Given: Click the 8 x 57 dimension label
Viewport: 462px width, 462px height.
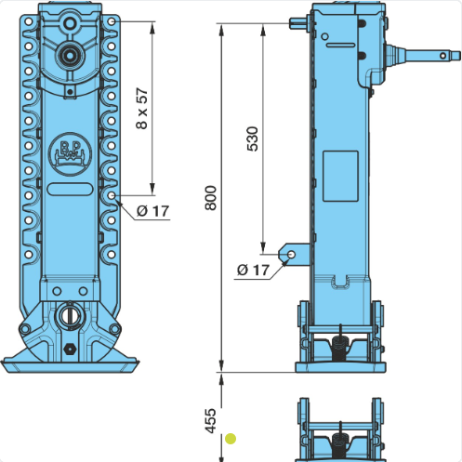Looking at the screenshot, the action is click(142, 109).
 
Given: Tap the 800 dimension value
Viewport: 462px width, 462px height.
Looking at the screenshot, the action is click(211, 198).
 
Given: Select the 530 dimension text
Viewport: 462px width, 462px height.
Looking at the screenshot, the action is click(253, 139).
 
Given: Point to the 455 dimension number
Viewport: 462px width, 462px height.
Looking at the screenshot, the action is click(210, 421).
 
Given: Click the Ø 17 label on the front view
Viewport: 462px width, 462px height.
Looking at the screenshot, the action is click(153, 211).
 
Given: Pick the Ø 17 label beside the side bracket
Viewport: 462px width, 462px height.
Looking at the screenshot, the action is click(254, 270).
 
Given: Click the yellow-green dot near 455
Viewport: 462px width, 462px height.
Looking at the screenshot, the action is click(231, 439).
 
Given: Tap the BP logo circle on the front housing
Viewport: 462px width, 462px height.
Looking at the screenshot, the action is click(70, 154).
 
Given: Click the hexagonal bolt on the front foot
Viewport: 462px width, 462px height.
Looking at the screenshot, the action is click(70, 349).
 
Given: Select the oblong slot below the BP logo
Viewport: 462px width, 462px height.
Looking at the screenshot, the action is click(70, 189).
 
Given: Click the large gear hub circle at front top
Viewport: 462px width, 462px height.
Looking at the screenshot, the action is click(70, 56).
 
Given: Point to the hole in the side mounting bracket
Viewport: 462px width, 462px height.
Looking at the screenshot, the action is click(291, 255).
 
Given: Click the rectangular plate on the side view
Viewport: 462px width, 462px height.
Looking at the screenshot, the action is click(340, 176).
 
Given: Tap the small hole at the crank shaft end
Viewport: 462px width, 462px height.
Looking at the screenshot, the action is click(443, 56).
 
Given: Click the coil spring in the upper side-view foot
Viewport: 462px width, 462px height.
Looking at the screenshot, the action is click(340, 348).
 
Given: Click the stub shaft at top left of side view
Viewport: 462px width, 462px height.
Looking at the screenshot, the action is click(298, 23).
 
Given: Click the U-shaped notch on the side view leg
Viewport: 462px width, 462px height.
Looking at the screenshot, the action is click(340, 282).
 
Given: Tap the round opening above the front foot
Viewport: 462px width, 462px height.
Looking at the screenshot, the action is click(70, 316).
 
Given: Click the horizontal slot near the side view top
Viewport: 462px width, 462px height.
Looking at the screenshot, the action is click(340, 45).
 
